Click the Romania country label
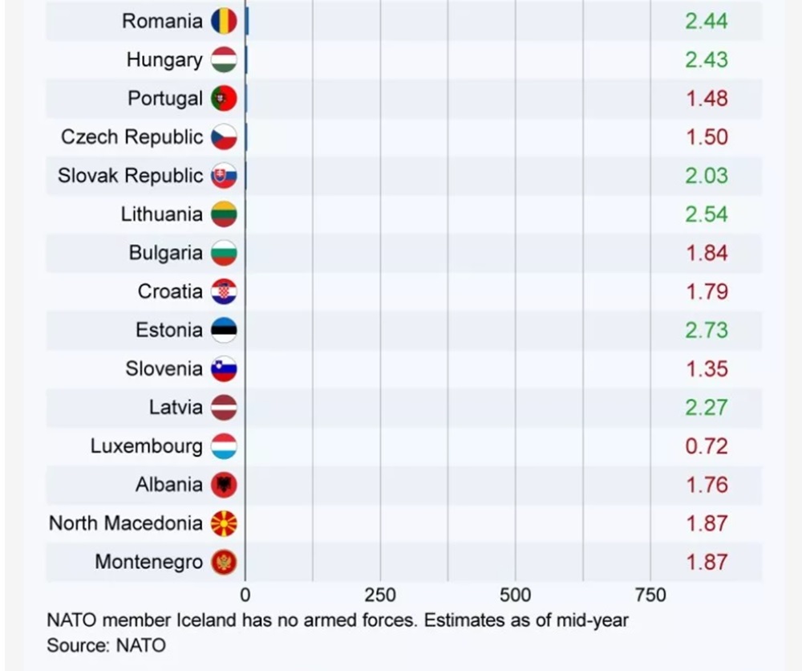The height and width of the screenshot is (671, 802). pos(162,21)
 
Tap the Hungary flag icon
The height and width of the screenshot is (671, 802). pos(224,60)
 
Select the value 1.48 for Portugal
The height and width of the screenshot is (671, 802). pos(707,99)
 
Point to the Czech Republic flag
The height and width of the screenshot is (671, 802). pos(224,137)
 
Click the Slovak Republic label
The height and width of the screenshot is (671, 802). pos(130,176)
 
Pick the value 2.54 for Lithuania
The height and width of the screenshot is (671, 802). pos(707,214)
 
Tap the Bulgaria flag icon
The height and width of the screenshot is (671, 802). pos(224,253)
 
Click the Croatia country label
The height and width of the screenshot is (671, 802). pos(170,291)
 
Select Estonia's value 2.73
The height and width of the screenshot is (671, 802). pos(707,330)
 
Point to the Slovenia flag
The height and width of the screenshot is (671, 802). pos(224,368)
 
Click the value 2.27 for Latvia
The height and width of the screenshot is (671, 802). pos(707,407)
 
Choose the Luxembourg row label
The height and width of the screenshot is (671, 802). pos(146,445)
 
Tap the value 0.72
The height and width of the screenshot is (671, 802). pos(707,445)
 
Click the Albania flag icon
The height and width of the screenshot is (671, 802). pos(224,485)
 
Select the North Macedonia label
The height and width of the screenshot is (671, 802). pos(126,523)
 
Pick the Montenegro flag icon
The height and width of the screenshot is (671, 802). pos(224,562)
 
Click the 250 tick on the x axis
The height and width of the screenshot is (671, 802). pos(380,596)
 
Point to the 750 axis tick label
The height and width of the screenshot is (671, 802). pos(650,596)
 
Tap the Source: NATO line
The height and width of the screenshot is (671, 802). pos(106,645)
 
